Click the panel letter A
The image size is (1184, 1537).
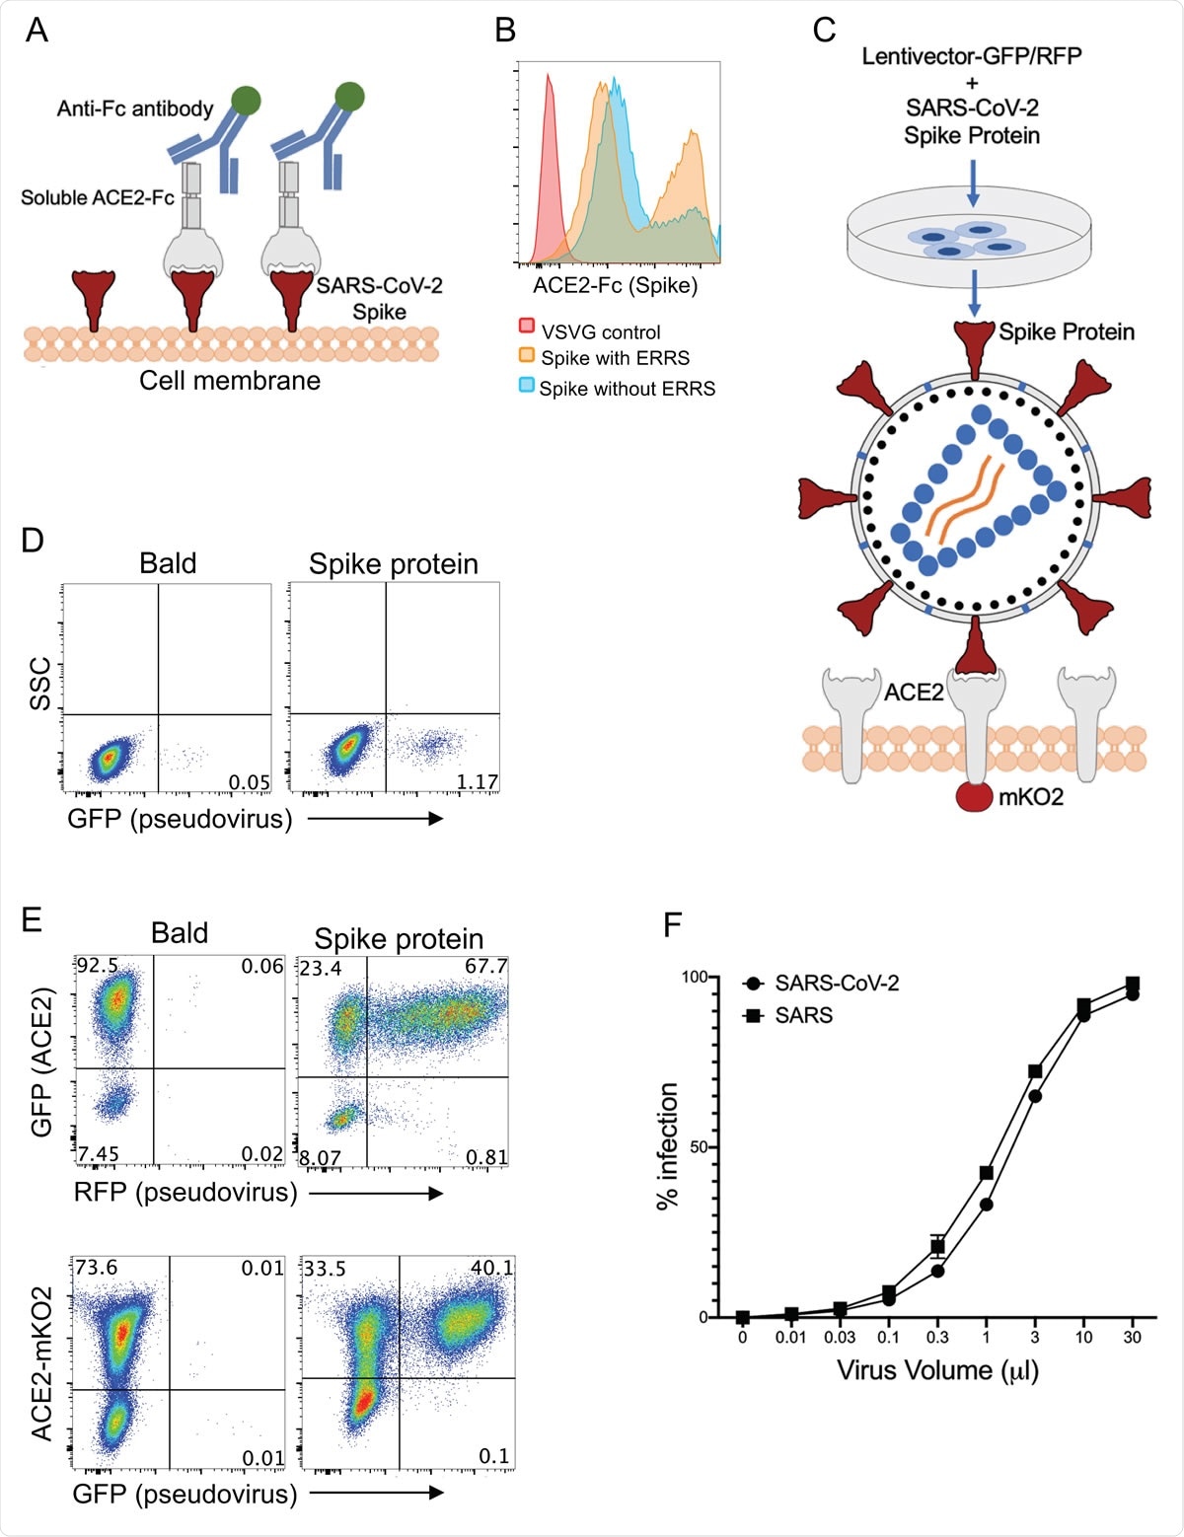tap(37, 31)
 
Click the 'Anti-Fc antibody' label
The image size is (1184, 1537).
tap(135, 109)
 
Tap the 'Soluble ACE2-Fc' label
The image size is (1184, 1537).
tap(98, 197)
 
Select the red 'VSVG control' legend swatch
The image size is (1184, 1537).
tap(527, 327)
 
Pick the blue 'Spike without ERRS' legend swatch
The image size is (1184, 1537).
tap(527, 385)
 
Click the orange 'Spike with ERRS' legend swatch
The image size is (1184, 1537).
tap(527, 355)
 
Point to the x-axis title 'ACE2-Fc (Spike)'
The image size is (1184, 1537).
tap(615, 285)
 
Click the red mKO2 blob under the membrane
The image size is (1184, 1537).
tap(975, 796)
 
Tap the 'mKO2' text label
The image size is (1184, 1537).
tap(1031, 797)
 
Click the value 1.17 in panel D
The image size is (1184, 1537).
tap(477, 782)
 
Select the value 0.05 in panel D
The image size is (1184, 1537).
tap(249, 782)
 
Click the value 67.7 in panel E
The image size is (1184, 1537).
tap(485, 966)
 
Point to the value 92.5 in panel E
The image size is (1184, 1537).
tap(98, 966)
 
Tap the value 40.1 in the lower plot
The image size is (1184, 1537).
tap(492, 1268)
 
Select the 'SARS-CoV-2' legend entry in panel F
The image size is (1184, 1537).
tap(837, 983)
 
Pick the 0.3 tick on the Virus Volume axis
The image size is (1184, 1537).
tap(937, 1337)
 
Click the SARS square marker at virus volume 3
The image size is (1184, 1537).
tap(1035, 1071)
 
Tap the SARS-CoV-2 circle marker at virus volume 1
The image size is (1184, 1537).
tap(986, 1205)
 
